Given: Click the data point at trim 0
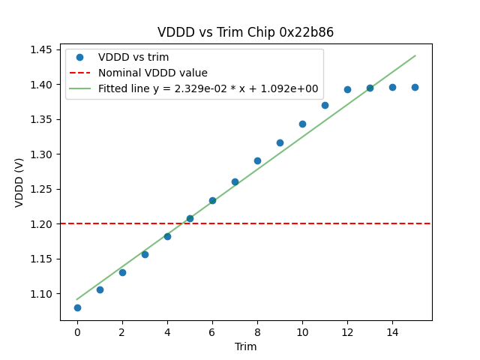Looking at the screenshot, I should coord(77,307).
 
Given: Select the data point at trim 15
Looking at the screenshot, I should coord(415,87).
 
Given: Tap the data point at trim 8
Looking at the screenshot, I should coord(257,160).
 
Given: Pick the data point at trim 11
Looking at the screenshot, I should coord(325,105).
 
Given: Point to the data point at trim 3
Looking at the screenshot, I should coord(145,254).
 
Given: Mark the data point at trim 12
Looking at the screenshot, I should coord(347,89).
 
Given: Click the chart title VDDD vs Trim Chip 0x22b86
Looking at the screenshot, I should coord(245,32).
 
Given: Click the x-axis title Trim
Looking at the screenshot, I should coord(245,346).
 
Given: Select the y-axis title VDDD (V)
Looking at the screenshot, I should coord(19,182).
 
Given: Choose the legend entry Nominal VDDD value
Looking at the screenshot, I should coord(153,73).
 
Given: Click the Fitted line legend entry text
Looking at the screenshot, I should coord(208,88).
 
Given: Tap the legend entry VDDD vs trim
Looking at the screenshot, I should coord(133,57).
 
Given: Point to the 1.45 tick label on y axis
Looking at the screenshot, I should coord(40,49).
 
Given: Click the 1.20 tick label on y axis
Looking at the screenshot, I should coord(40,223).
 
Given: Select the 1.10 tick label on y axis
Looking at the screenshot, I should coord(40,293).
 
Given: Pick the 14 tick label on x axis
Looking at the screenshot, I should coord(392,332).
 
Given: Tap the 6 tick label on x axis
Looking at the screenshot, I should coord(212,332).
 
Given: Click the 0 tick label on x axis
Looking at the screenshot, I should coord(77,332).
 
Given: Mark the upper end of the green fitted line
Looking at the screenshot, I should coord(415,55).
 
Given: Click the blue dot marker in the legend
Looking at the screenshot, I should coord(79,57).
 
